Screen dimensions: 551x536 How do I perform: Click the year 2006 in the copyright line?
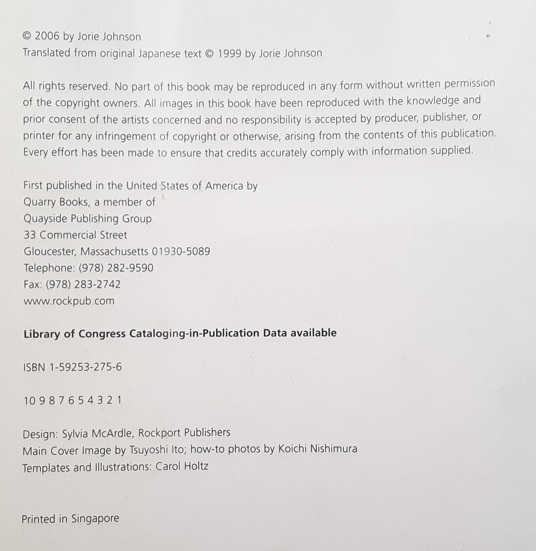pyautogui.click(x=47, y=36)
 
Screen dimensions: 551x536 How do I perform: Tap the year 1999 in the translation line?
pyautogui.click(x=229, y=54)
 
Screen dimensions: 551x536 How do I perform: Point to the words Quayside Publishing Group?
pyautogui.click(x=88, y=219)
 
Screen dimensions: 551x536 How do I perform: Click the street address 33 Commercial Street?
pyautogui.click(x=75, y=235)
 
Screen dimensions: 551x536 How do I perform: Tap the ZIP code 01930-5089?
pyautogui.click(x=181, y=251)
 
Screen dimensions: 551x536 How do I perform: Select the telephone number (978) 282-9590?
pyautogui.click(x=116, y=268)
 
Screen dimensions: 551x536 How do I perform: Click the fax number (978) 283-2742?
pyautogui.click(x=83, y=284)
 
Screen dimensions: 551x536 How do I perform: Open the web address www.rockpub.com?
pyautogui.click(x=69, y=301)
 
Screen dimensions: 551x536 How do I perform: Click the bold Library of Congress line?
pyautogui.click(x=180, y=333)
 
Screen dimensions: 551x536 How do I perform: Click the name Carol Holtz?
pyautogui.click(x=182, y=466)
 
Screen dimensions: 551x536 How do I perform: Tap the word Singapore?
pyautogui.click(x=95, y=518)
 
